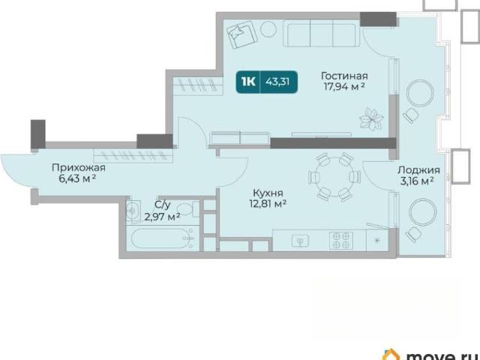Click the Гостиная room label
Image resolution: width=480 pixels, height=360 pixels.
point(344,76)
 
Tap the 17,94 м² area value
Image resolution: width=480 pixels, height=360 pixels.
point(344,87)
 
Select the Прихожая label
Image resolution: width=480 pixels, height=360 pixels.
point(79,167)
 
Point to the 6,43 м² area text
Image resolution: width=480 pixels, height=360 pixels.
point(77,178)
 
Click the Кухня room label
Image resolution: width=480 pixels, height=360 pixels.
point(268,193)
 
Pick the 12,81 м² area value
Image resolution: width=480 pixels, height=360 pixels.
point(268,203)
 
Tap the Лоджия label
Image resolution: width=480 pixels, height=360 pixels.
point(418,170)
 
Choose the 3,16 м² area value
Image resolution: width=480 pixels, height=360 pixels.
point(417,181)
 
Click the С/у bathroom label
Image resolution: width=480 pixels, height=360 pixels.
point(162,205)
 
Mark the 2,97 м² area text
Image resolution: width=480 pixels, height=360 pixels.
point(162,217)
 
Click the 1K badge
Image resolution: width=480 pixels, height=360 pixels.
point(248,82)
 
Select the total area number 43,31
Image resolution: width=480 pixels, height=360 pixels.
point(277,82)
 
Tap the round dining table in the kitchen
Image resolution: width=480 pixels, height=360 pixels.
point(335,177)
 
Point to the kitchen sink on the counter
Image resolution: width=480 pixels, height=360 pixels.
point(300,241)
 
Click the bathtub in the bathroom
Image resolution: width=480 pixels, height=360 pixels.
point(162,238)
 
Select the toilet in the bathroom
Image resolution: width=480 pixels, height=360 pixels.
point(187,210)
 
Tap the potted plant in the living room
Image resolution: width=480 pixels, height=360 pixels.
point(371,118)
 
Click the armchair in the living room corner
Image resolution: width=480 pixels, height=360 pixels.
point(241,34)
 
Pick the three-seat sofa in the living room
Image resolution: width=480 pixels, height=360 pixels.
point(321,33)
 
